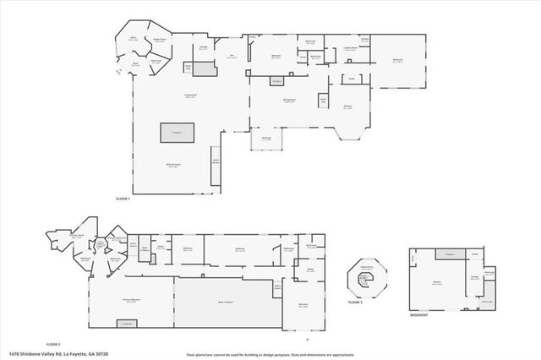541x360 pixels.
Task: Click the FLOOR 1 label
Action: click(x=123, y=199)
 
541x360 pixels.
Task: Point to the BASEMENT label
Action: click(x=419, y=316)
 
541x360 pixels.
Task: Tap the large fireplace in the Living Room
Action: click(x=178, y=133)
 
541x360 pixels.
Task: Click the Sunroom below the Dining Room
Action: click(x=266, y=139)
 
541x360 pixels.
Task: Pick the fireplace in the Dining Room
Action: click(x=276, y=81)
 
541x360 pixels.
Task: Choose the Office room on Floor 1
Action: click(x=134, y=39)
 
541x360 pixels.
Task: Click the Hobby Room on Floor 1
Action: click(x=159, y=40)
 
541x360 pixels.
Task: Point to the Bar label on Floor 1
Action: click(x=232, y=57)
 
